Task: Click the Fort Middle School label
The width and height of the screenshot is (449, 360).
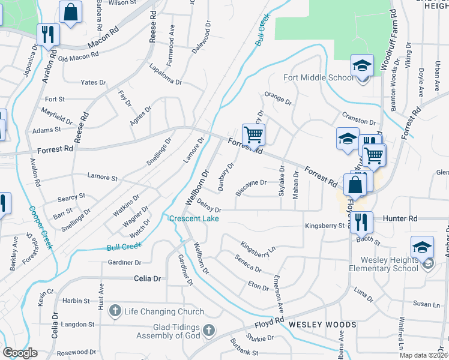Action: [319, 77]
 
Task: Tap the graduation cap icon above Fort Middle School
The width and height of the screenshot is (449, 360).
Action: [362, 65]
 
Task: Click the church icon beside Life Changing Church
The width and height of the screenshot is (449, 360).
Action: [115, 311]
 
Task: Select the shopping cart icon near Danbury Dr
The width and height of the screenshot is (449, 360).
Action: [253, 134]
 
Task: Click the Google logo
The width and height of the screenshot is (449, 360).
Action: [20, 353]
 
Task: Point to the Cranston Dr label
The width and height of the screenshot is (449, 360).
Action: [358, 118]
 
